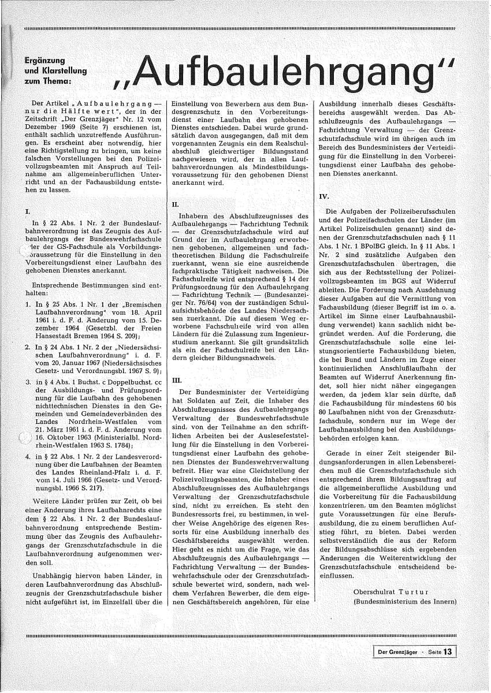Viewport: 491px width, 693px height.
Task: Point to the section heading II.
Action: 176,204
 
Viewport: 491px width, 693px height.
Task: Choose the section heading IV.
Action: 324,196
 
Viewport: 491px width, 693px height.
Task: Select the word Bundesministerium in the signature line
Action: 390,602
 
